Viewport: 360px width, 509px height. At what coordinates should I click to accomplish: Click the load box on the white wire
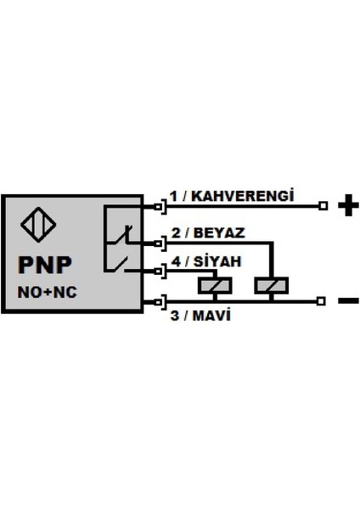270,287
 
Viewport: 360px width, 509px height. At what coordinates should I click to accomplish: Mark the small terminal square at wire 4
159,271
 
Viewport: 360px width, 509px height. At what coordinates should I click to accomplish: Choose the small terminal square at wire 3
159,300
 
